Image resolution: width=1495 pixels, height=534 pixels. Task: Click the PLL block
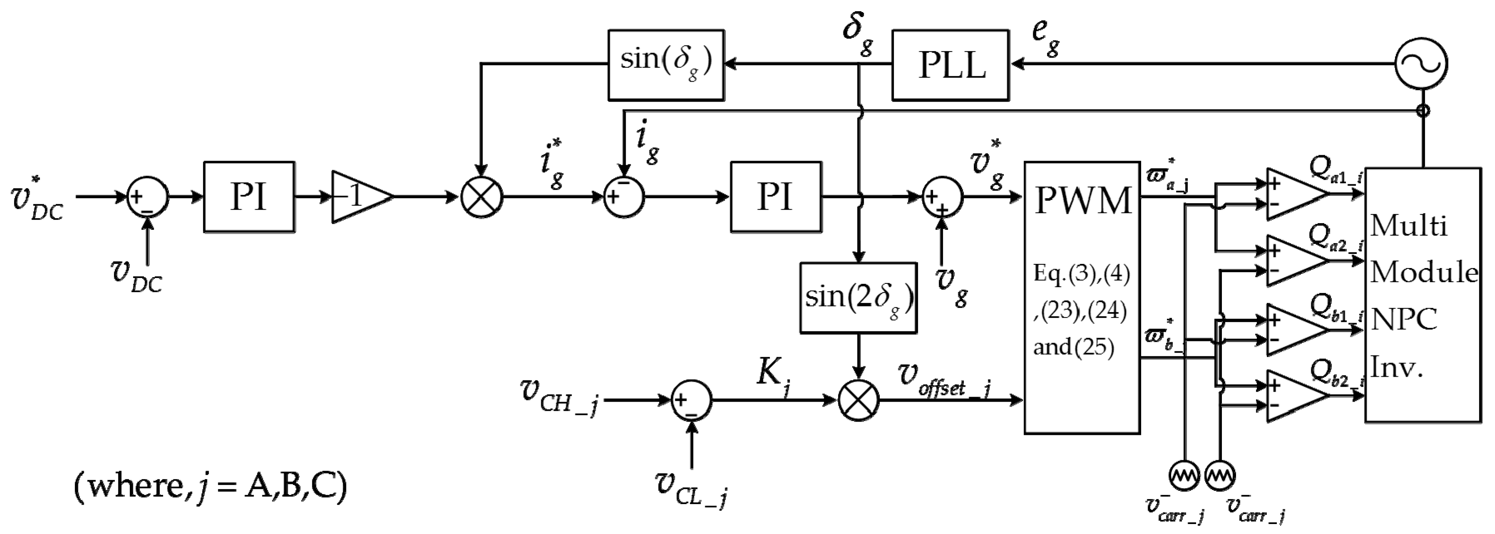[950, 65]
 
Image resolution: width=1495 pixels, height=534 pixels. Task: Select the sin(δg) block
[666, 65]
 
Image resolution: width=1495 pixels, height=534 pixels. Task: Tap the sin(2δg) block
[858, 298]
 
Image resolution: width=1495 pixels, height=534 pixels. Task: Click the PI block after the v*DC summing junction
[249, 197]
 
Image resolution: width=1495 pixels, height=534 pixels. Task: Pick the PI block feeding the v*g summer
[775, 197]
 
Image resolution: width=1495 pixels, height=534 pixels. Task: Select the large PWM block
[1082, 297]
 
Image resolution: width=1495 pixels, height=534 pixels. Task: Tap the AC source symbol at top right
[1421, 64]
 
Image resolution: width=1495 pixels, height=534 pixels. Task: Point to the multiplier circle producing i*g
[481, 197]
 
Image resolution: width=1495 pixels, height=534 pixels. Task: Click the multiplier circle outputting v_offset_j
[858, 400]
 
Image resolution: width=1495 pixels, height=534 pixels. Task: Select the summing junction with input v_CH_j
[691, 400]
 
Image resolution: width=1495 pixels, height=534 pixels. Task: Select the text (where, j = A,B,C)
[210, 485]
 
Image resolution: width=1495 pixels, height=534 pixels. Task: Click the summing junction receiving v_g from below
[942, 197]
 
